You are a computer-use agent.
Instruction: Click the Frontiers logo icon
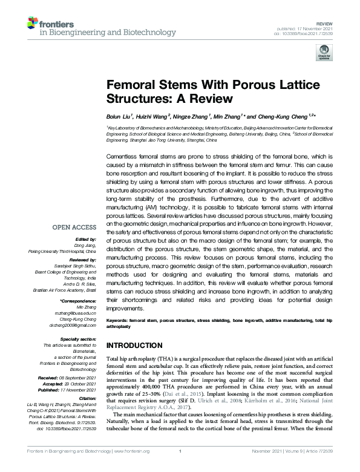click(x=33, y=24)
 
